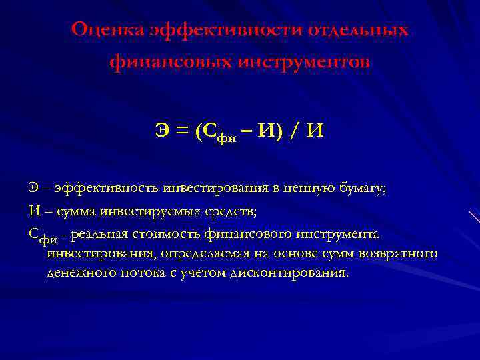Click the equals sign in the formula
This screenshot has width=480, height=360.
180,132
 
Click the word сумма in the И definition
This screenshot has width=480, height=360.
73,211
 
